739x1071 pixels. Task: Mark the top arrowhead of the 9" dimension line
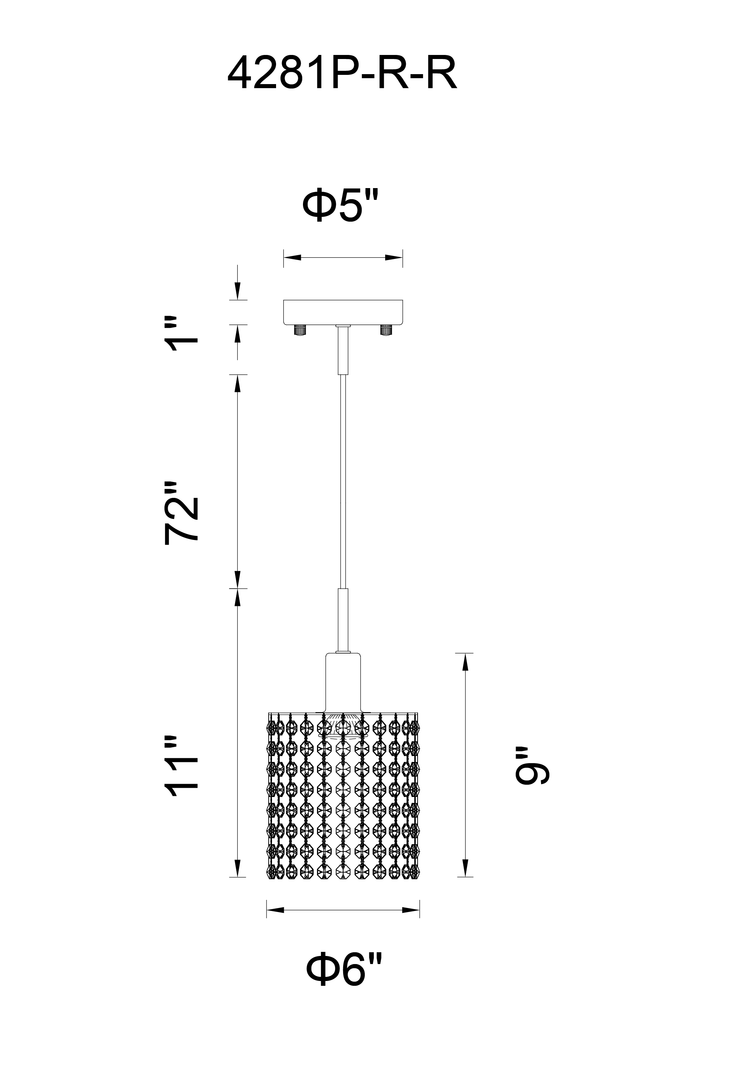point(466,663)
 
